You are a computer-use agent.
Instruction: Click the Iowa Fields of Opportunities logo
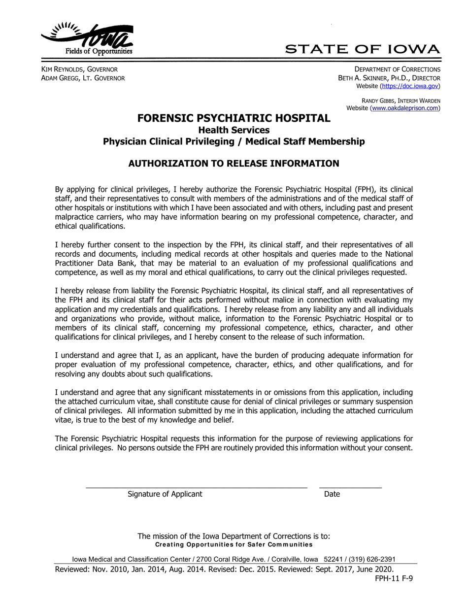(x=87, y=39)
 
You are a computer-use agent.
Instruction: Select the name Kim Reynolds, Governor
(x=79, y=69)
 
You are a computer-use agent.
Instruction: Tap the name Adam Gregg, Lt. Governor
(x=82, y=78)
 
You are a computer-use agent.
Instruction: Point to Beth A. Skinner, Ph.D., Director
(x=389, y=78)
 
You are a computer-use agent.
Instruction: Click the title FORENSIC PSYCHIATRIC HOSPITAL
(x=234, y=118)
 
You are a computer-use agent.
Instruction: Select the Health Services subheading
(x=234, y=130)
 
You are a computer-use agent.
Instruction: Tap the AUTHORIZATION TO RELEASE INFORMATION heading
(x=234, y=164)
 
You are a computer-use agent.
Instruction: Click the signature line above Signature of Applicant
(x=197, y=487)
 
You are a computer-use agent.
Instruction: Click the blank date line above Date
(x=350, y=487)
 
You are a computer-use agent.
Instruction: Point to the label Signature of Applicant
(x=165, y=494)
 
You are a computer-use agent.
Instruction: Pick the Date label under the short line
(x=332, y=494)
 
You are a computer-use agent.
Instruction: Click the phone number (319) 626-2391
(x=373, y=559)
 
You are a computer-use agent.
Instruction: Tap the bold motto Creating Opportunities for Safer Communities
(x=234, y=544)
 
